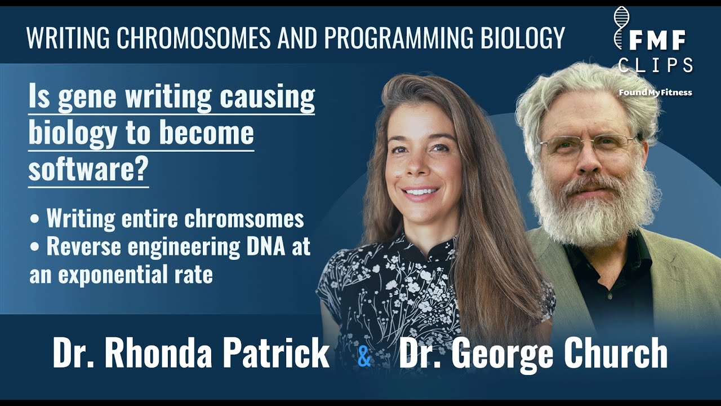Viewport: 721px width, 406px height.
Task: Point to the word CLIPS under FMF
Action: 656,65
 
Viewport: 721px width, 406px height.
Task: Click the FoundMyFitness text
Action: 655,92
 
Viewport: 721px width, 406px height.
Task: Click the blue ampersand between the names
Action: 364,357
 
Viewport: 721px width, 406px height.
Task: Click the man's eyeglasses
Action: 587,145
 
